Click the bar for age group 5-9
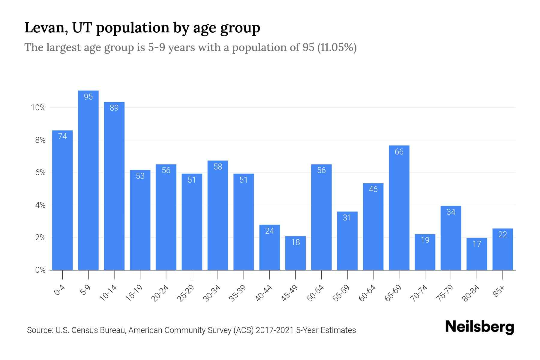(x=88, y=180)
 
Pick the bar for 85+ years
(x=503, y=249)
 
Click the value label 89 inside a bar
(x=114, y=108)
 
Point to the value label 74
(x=62, y=136)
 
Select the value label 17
(x=477, y=244)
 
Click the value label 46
(x=373, y=189)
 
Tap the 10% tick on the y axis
(x=38, y=108)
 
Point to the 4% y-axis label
(x=40, y=205)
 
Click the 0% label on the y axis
(x=40, y=270)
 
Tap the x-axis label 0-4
(x=59, y=290)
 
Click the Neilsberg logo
(x=479, y=327)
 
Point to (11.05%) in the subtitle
(x=337, y=47)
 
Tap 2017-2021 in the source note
(x=275, y=330)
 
